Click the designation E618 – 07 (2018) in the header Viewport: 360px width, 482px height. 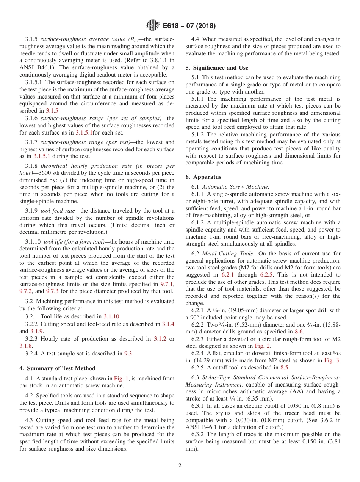click(x=189, y=26)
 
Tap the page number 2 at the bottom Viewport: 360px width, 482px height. click(x=180, y=465)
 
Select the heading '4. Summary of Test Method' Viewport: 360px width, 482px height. click(x=57, y=368)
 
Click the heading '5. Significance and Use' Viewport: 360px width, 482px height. click(x=217, y=68)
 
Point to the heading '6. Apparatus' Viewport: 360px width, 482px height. click(x=203, y=177)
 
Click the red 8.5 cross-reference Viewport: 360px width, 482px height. click(x=285, y=367)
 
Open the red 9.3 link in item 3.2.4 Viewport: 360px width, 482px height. click(x=128, y=354)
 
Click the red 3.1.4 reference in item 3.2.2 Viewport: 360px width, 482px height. click(x=168, y=324)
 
